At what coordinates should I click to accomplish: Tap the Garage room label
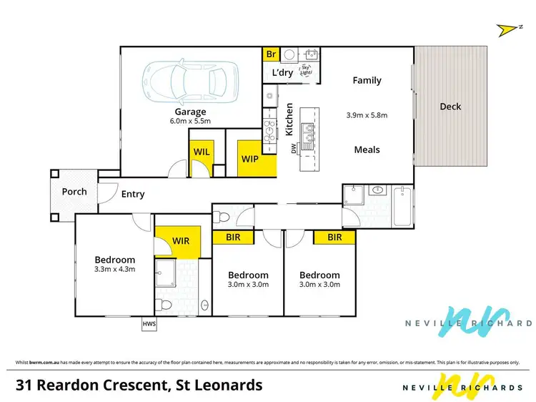point(190,112)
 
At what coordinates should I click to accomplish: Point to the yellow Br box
point(271,54)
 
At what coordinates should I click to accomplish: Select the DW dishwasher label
point(293,149)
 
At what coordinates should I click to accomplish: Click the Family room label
point(367,81)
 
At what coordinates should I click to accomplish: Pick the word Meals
point(367,149)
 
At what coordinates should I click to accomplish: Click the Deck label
point(450,107)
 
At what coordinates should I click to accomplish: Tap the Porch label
point(74,192)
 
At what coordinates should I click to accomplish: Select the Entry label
point(133,194)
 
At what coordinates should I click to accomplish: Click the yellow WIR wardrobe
point(182,241)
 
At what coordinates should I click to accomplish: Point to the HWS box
point(149,324)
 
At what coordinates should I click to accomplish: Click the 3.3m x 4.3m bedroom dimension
point(114,270)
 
